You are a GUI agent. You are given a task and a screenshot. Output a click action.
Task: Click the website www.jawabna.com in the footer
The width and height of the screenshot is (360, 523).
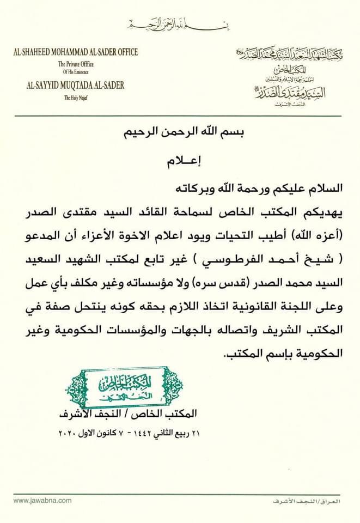pos(43,500)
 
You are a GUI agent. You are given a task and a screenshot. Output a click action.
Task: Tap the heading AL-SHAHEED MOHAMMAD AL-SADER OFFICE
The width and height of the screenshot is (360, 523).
pos(76,53)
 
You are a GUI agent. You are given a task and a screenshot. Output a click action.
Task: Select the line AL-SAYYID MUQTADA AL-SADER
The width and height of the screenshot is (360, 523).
pos(76,85)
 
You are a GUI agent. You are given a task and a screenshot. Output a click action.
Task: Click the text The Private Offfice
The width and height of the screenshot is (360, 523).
pos(76,64)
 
